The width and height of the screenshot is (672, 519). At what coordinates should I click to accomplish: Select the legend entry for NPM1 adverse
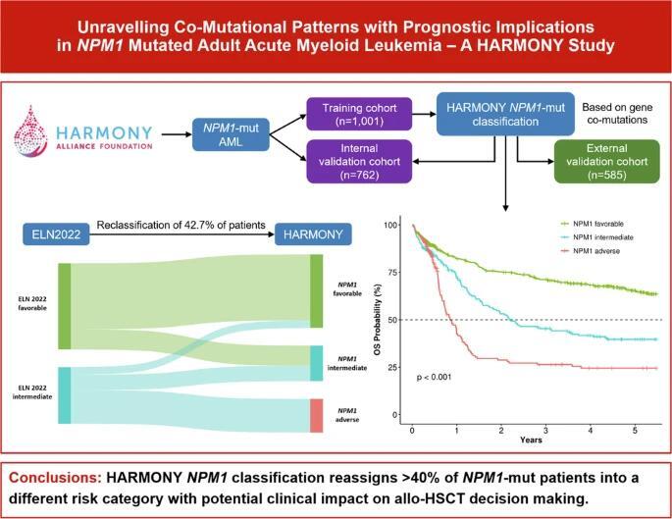point(585,253)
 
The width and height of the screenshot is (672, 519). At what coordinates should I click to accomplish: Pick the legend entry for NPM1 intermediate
point(590,238)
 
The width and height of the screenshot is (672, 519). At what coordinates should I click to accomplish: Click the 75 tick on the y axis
point(395,273)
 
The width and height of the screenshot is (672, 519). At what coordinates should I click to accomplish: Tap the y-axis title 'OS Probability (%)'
point(378,319)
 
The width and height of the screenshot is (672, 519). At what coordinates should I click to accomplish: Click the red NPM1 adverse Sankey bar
point(316,415)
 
